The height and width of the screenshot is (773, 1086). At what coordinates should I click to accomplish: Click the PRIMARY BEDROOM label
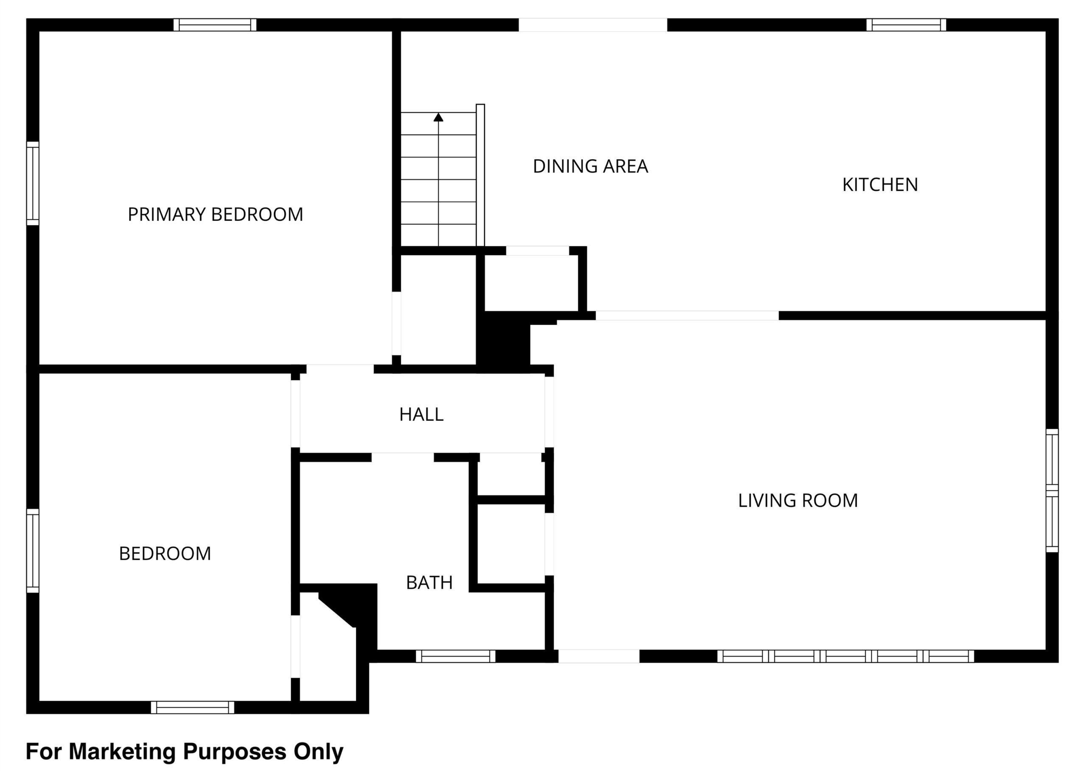(x=216, y=215)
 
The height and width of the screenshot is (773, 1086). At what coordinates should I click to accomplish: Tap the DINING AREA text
(x=591, y=166)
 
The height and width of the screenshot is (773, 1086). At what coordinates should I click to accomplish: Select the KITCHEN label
(x=880, y=185)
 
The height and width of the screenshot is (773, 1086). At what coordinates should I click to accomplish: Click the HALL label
(x=421, y=415)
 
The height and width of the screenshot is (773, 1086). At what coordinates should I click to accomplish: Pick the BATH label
(x=429, y=582)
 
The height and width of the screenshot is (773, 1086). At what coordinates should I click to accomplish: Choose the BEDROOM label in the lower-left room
(x=165, y=554)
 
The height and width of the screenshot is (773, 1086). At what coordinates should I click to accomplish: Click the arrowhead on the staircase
(x=439, y=117)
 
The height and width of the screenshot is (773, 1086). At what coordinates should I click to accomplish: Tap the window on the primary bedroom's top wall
(x=215, y=25)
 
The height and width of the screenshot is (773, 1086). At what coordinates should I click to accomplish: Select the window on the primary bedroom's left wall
(x=32, y=183)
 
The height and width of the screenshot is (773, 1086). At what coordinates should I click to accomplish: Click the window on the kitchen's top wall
(x=906, y=25)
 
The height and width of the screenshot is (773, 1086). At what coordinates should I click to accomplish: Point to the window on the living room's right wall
(x=1052, y=491)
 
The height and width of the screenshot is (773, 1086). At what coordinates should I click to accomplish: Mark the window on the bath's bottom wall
(x=456, y=656)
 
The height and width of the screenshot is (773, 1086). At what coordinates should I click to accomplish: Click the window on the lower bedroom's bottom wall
(x=193, y=707)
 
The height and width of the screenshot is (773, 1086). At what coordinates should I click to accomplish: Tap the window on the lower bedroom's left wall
(x=32, y=551)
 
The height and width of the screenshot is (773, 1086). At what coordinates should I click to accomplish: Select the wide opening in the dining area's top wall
(x=593, y=25)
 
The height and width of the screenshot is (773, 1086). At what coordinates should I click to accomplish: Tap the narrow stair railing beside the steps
(x=481, y=175)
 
